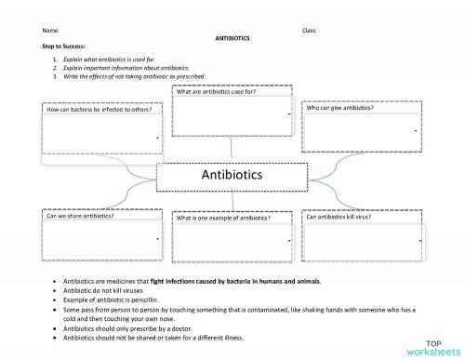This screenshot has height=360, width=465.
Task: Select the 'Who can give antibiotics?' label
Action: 340,109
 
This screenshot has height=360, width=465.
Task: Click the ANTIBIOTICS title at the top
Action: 232,38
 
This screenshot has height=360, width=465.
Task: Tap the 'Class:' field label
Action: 310,31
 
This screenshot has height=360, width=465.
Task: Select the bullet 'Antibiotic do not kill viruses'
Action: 102,289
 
